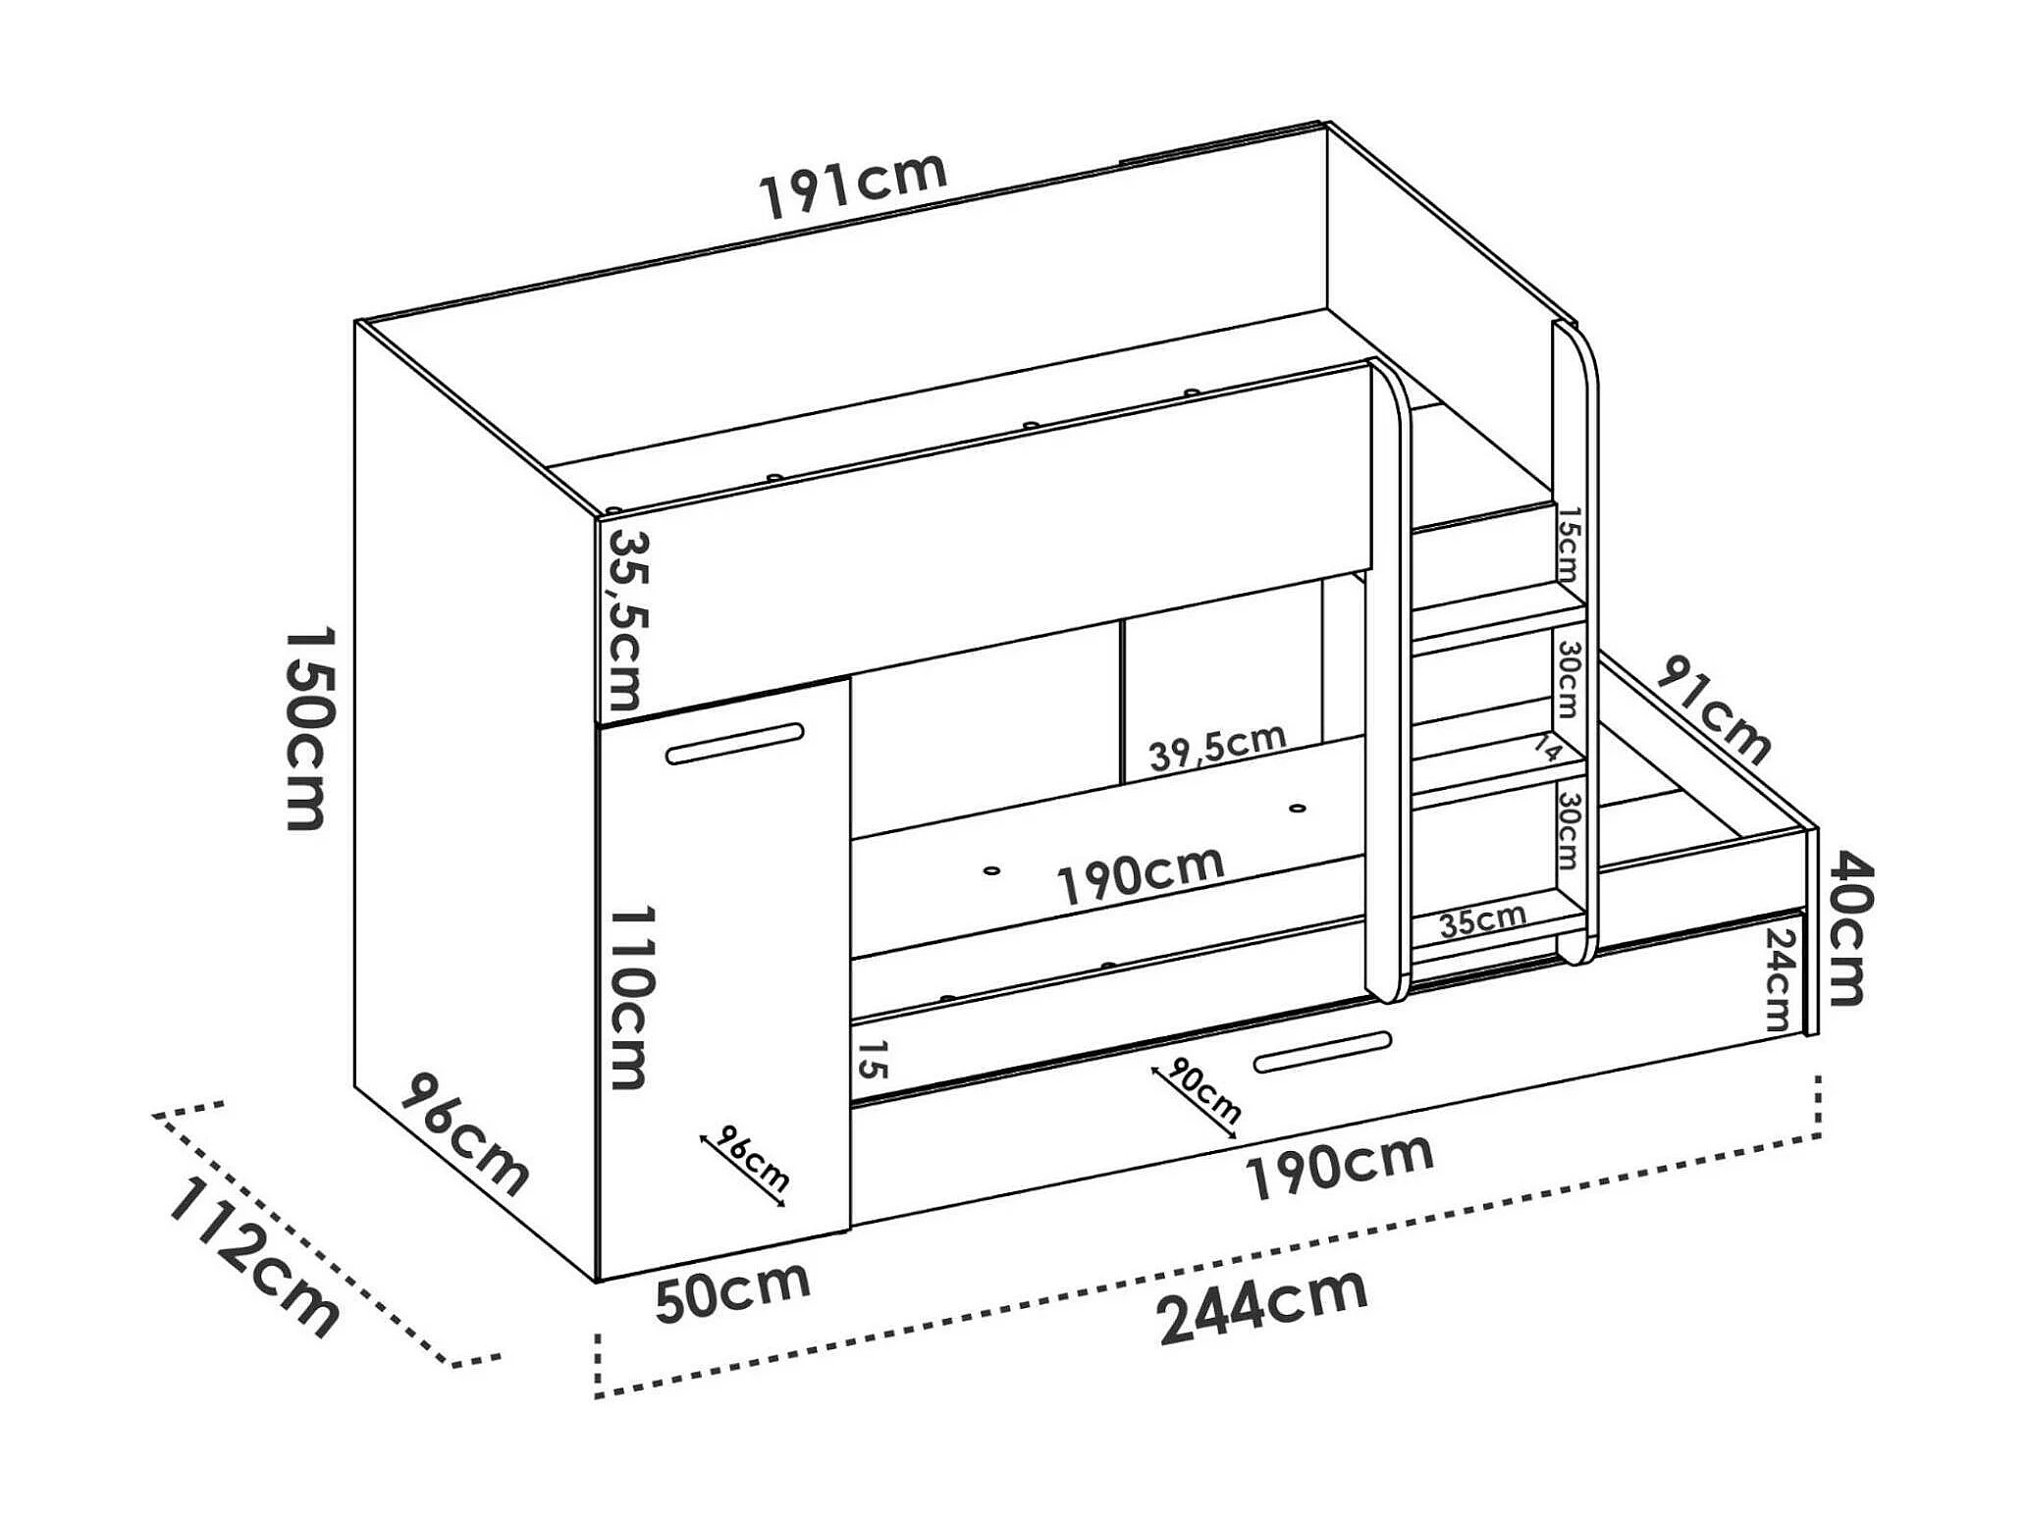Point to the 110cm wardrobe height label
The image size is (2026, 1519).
pos(629,996)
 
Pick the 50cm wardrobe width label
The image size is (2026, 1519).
pos(732,1291)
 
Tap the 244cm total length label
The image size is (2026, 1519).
pos(1262,1307)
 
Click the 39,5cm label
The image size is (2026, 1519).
pos(1217,748)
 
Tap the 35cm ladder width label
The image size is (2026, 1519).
pos(1482,919)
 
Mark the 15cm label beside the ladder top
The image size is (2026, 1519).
pos(1568,544)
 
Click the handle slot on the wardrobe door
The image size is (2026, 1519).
pos(734,744)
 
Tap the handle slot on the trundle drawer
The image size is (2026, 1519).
pos(1322,1050)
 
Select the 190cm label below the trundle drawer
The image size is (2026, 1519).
pos(1339,1168)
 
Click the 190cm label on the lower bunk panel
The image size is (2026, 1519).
pos(1141,875)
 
